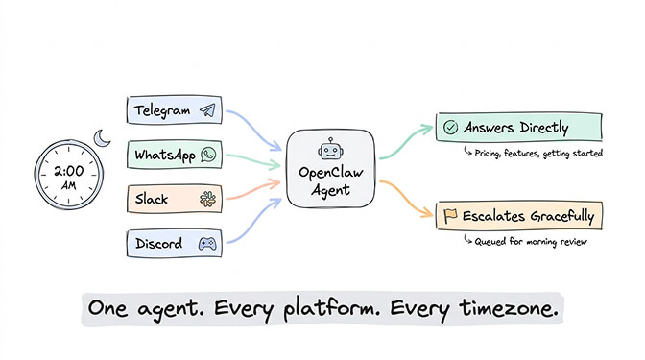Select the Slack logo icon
(204, 199)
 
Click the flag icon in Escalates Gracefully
(449, 216)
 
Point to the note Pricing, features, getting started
(525, 152)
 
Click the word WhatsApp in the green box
(165, 155)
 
